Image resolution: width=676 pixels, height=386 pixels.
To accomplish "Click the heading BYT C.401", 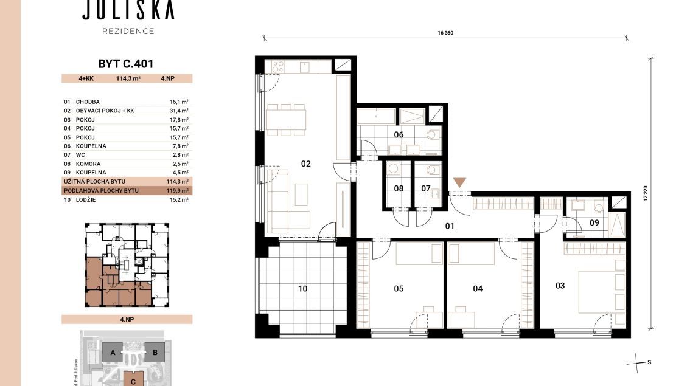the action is tap(126, 64).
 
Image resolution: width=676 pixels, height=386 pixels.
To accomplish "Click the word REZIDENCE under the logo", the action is tap(128, 31).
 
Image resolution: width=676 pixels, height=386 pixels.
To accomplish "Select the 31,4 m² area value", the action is tap(179, 111).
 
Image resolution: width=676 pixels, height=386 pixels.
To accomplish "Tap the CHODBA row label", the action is tap(88, 102).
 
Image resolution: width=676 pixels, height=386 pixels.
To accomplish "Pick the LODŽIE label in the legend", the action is tap(86, 200).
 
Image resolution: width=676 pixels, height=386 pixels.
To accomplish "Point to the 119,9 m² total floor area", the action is tap(178, 190).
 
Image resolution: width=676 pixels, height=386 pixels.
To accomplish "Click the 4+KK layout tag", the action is tap(86, 78).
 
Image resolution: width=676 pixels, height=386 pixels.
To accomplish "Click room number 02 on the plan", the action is tap(305, 164).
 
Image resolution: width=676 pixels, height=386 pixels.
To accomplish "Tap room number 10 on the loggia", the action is tap(302, 289).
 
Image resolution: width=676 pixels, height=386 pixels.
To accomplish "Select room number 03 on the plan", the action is tap(560, 286).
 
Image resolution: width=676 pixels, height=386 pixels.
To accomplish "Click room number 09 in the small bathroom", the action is tap(594, 222).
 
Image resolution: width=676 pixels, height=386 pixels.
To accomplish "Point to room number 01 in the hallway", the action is tap(450, 226).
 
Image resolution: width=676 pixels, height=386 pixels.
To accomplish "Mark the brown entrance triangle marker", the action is tap(460, 182).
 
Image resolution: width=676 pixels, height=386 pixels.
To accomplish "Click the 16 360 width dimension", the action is tap(445, 33).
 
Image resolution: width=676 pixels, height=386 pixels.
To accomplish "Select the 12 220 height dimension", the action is tap(646, 193).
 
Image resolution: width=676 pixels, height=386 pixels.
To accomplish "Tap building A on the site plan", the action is tap(113, 353).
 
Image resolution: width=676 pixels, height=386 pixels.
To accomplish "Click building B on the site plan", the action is tap(155, 353).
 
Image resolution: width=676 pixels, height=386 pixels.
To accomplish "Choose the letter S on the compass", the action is tap(649, 362).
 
